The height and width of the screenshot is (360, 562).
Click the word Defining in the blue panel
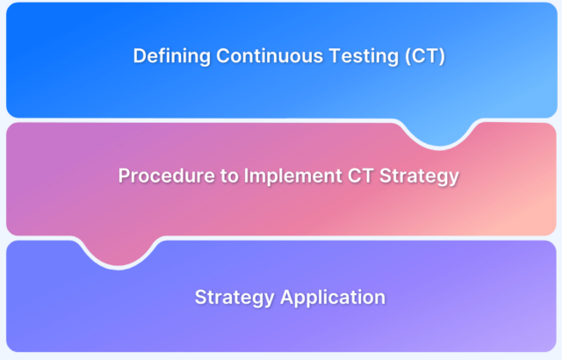(x=172, y=56)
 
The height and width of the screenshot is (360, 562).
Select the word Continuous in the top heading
(x=270, y=56)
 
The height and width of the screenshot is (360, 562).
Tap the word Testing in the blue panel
(x=364, y=56)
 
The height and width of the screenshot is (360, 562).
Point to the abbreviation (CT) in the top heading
(x=425, y=56)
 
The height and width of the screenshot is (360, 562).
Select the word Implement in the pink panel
(x=292, y=176)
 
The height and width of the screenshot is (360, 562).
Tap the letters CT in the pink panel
(x=361, y=176)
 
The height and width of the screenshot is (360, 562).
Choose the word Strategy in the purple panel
(x=234, y=298)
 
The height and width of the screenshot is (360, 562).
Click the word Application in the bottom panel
(x=333, y=298)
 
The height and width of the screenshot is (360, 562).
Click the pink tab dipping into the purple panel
(x=119, y=252)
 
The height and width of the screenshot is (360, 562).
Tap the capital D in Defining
(x=140, y=56)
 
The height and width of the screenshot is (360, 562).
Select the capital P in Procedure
(x=125, y=176)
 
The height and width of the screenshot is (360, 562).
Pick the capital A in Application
(x=288, y=297)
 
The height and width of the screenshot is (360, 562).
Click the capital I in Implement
(x=246, y=176)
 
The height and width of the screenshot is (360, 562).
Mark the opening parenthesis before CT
(x=407, y=56)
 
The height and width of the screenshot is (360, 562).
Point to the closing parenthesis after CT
(x=442, y=56)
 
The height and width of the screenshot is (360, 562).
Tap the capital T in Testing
(x=335, y=56)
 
